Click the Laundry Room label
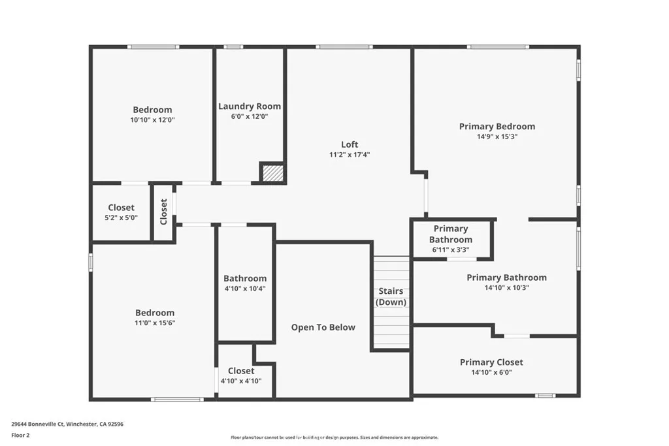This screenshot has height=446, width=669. [250, 106]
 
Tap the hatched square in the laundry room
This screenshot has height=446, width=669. [272, 172]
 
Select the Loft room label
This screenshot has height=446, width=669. [350, 144]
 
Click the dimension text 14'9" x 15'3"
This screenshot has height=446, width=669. [497, 137]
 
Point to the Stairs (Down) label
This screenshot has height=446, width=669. [391, 296]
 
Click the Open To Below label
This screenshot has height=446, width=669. [323, 327]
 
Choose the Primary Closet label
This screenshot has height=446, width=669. [491, 362]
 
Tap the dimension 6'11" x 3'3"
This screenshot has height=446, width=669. [450, 249]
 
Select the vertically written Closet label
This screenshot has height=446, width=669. [163, 212]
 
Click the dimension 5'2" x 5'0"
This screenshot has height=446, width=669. [121, 218]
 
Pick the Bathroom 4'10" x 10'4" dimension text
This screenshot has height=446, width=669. [245, 289]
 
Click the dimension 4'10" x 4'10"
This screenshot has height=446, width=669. [241, 381]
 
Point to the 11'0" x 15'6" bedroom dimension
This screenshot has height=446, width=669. [155, 323]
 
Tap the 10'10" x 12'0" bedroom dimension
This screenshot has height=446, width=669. [152, 120]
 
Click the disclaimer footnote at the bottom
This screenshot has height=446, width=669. [334, 438]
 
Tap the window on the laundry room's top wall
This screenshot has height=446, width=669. [233, 46]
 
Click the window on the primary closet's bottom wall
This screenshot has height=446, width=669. [545, 395]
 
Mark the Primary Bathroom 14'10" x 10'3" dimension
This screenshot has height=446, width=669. [506, 288]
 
